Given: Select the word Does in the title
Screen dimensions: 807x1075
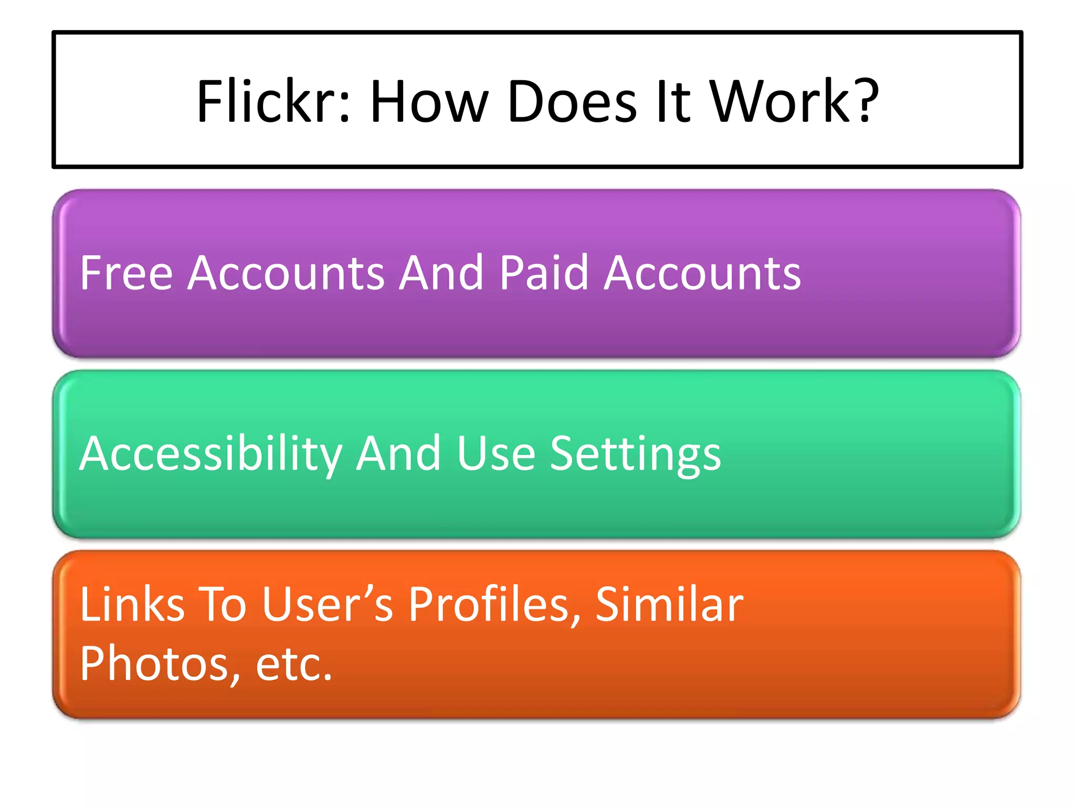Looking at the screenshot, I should tap(572, 101).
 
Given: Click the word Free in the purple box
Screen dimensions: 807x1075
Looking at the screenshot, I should tap(127, 273).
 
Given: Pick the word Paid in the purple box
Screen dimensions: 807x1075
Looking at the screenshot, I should tap(544, 273).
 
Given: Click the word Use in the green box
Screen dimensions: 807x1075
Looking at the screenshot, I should tap(496, 454).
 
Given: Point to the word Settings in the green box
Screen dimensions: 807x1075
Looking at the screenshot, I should tap(635, 454).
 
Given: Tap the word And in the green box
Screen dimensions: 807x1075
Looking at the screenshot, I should tap(398, 454).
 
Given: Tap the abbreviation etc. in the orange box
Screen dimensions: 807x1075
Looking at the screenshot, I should tap(294, 664).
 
